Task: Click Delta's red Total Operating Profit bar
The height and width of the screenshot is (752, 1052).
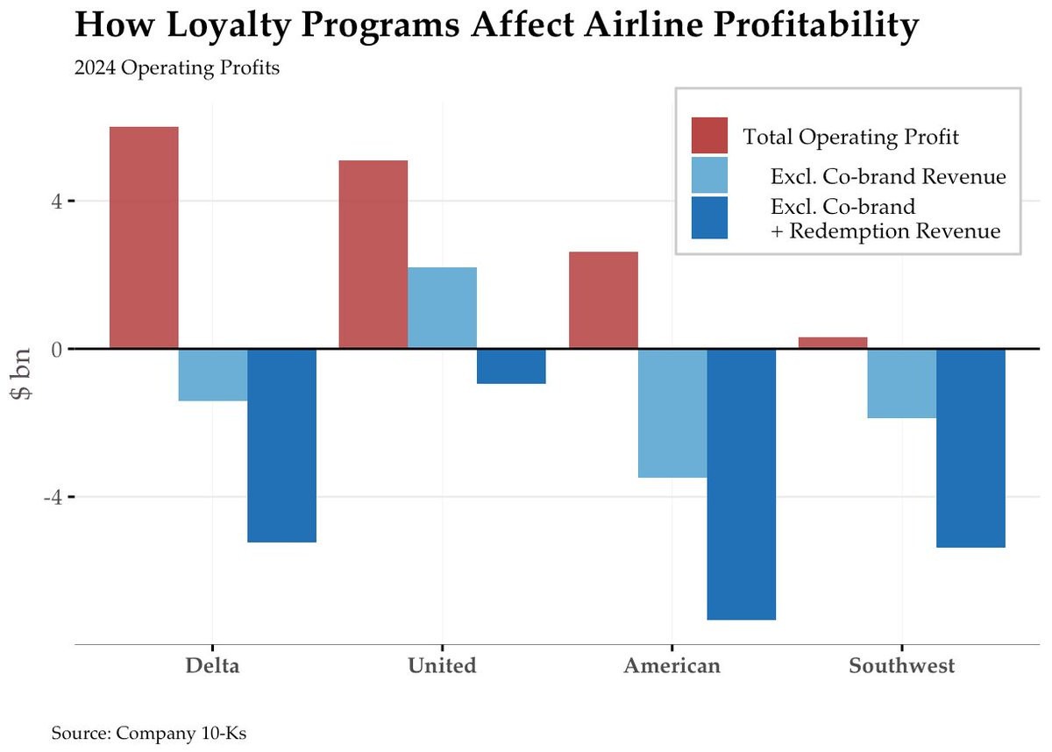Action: [x=144, y=238]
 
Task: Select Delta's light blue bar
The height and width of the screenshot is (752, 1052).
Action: [x=213, y=375]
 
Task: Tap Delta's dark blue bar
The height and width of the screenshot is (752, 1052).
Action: [x=281, y=445]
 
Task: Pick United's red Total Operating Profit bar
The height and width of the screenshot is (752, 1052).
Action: [x=373, y=254]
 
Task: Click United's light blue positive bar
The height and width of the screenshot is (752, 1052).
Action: [x=442, y=308]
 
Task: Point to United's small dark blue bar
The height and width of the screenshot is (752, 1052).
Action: [x=511, y=366]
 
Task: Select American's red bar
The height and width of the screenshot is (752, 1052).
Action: [x=603, y=300]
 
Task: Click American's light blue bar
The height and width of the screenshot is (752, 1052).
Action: [x=672, y=413]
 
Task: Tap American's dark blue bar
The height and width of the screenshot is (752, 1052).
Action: [x=741, y=484]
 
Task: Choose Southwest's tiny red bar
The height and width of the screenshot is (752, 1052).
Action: [x=833, y=343]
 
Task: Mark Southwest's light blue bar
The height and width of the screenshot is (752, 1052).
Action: [x=902, y=383]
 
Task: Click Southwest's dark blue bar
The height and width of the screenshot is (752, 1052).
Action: [x=970, y=448]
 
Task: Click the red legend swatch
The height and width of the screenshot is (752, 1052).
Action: [x=709, y=135]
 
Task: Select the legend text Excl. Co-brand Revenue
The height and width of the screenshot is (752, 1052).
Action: [x=888, y=176]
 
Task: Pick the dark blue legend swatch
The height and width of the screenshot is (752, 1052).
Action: [x=709, y=217]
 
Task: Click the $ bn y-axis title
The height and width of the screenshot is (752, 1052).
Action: [x=21, y=374]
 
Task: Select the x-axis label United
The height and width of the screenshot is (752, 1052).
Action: [x=442, y=666]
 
